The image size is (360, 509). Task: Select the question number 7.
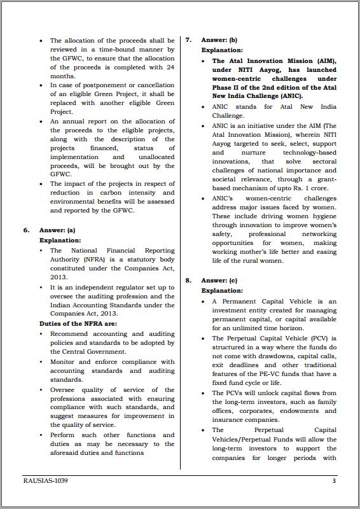(x=188, y=39)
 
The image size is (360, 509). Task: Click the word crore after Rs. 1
(x=323, y=188)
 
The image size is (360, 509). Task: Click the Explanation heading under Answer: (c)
(x=222, y=290)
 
